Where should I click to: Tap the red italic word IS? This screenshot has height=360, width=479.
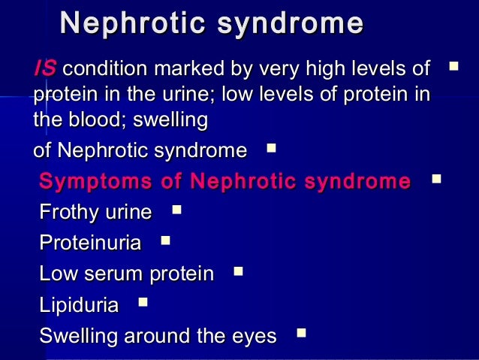click(x=44, y=70)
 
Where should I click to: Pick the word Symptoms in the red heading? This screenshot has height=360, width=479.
click(x=89, y=182)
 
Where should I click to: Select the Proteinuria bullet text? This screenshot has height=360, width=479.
click(x=90, y=244)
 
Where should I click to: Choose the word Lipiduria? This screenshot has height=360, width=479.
click(x=79, y=305)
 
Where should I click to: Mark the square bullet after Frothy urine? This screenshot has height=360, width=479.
click(x=176, y=210)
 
